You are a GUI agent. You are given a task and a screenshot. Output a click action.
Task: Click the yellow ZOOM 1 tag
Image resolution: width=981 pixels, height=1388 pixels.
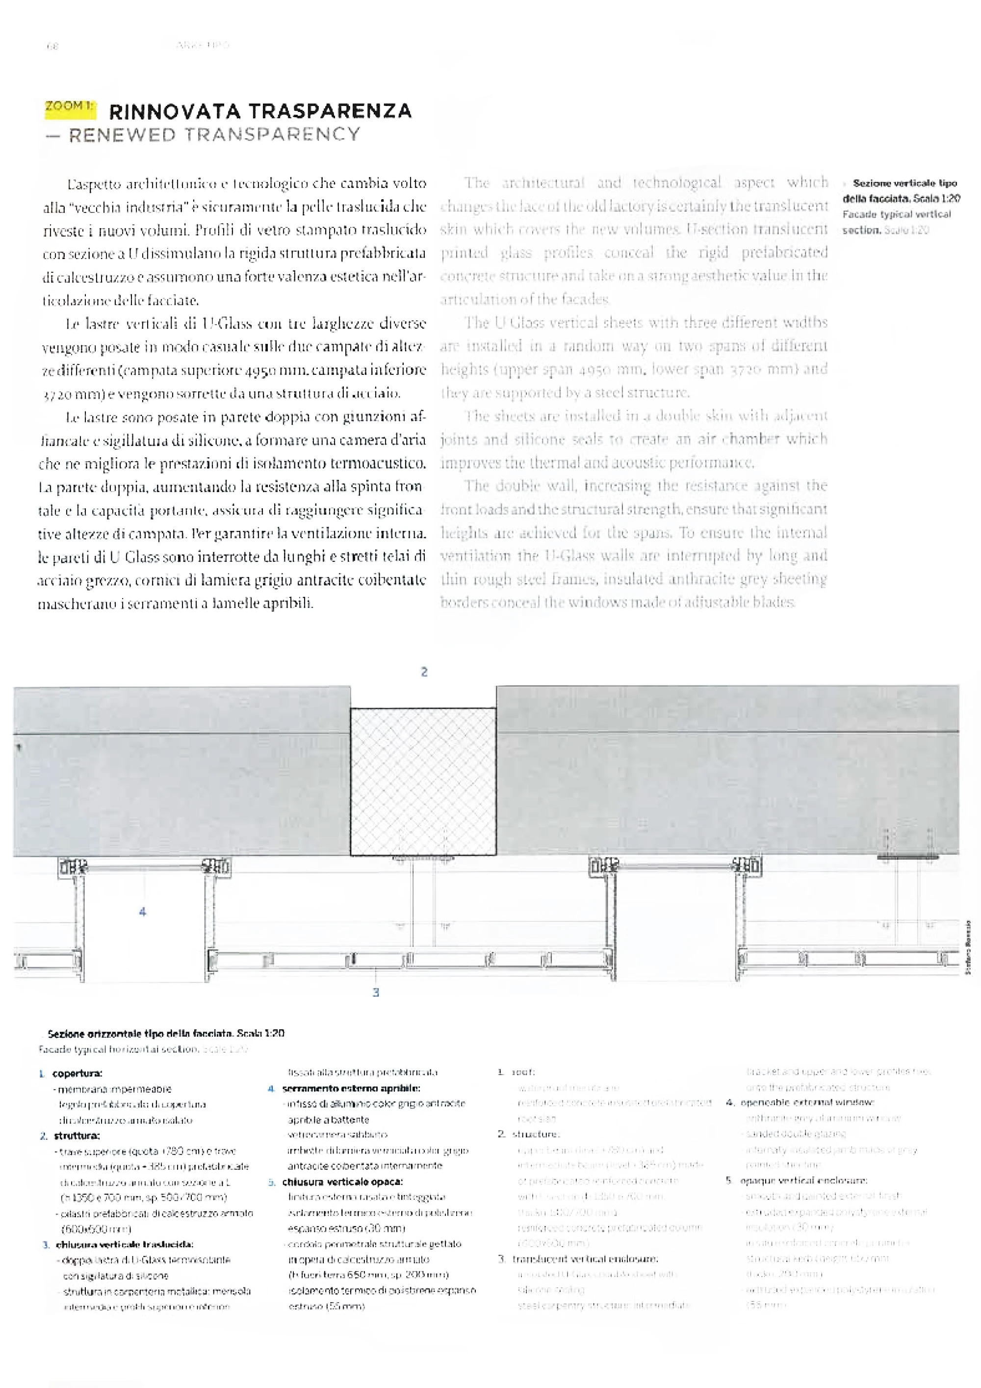(70, 107)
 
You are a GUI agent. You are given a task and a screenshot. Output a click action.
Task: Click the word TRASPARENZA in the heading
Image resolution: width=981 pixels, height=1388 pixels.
(330, 111)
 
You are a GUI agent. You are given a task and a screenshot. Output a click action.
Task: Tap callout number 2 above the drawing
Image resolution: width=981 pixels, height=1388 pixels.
(424, 672)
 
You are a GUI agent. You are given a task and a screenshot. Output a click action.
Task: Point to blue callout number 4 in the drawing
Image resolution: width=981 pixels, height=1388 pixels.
(143, 912)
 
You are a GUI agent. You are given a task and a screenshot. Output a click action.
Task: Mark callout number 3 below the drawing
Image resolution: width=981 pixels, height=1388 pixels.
(376, 992)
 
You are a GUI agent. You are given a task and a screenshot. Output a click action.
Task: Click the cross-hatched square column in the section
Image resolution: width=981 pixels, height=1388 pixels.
(423, 782)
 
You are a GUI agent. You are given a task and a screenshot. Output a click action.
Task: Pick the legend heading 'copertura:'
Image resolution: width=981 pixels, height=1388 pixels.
(77, 1074)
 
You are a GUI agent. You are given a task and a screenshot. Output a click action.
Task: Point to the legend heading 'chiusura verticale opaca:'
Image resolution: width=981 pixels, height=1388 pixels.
(343, 1182)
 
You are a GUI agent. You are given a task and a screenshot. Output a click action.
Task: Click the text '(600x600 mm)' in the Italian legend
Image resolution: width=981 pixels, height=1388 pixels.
(97, 1229)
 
